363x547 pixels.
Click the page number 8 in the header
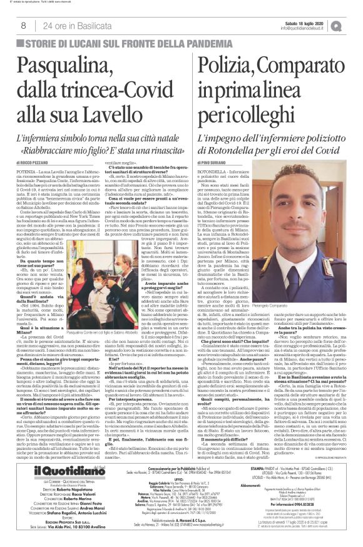23,25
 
